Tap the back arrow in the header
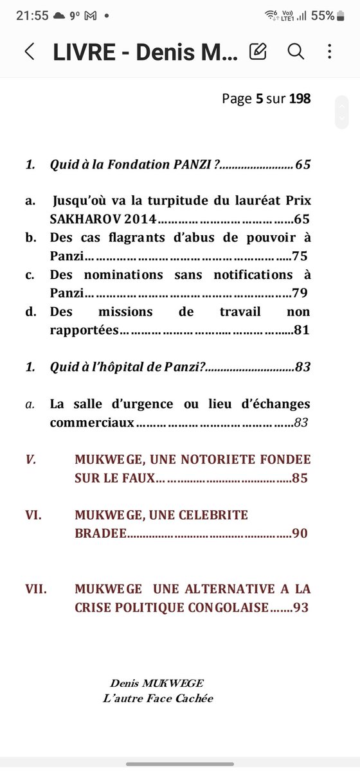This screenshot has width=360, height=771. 30,52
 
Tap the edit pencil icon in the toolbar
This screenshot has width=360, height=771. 258,51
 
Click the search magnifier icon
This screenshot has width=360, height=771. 295,51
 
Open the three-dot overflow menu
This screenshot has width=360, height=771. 329,51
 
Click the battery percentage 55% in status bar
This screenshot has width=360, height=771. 322,15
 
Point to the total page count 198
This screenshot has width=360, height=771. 300,98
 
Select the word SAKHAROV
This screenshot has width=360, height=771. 84,218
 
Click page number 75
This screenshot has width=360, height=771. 300,256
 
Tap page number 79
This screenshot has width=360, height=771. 300,293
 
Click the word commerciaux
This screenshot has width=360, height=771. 93,422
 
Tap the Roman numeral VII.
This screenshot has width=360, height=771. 36,589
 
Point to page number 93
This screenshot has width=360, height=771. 300,607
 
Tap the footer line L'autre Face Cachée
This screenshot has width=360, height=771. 157,698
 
